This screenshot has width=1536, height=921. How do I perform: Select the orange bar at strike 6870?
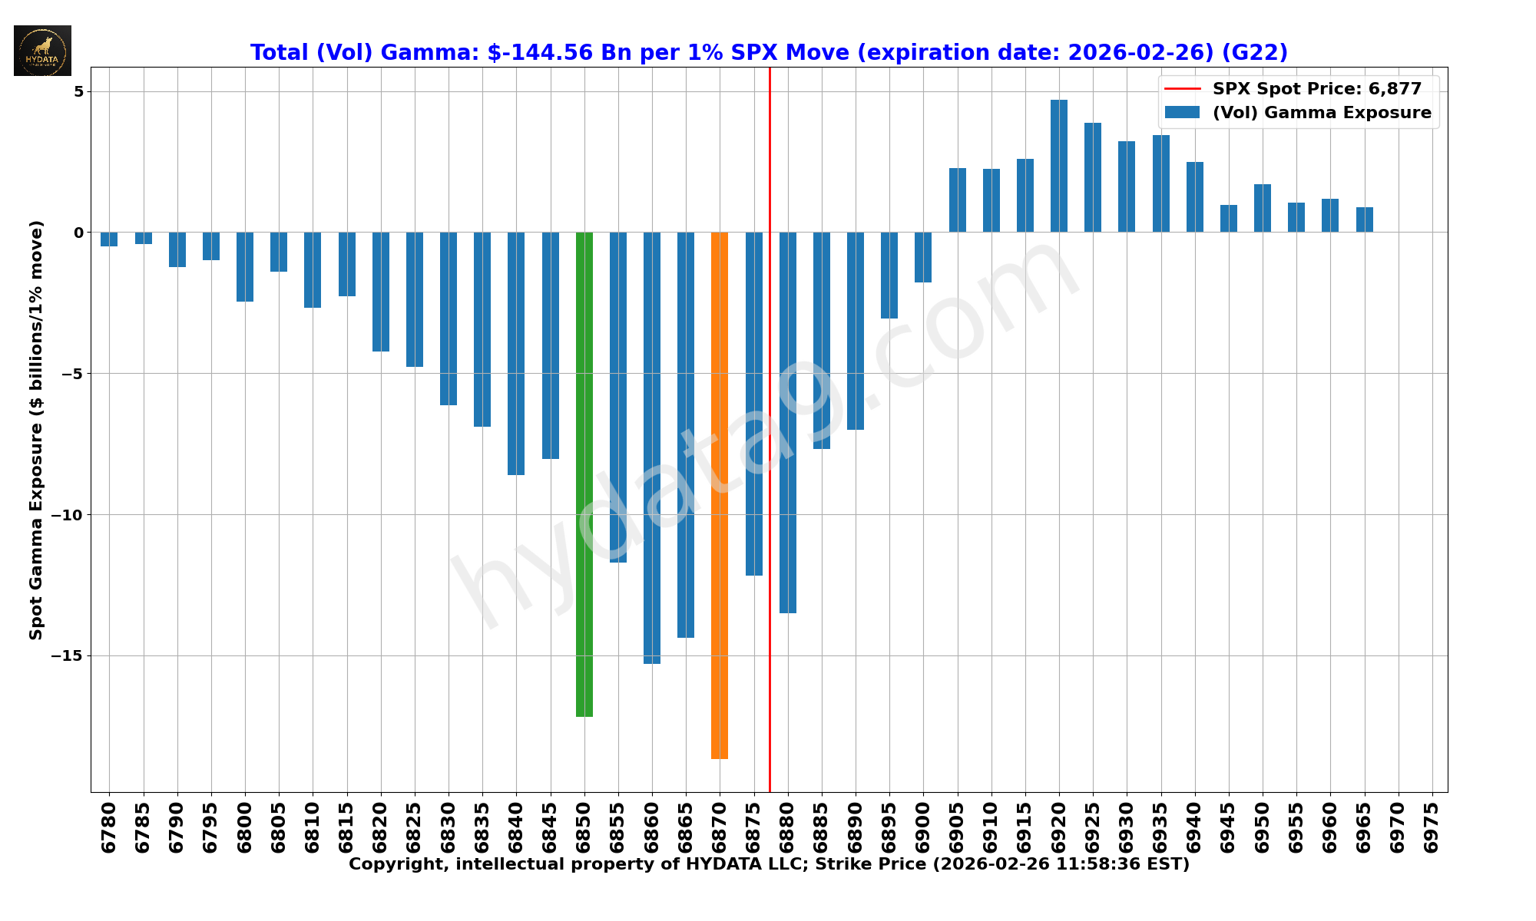(720, 495)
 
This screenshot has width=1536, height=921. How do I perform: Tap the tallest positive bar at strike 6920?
(1059, 166)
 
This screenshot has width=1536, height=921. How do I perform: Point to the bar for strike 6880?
(788, 422)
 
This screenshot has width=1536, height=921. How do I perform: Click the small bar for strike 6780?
(109, 239)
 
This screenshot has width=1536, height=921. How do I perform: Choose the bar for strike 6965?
(1365, 220)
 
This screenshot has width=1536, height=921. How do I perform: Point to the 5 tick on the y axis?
(78, 91)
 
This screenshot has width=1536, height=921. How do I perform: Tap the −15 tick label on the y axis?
(67, 655)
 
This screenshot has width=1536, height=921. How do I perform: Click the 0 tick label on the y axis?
(78, 233)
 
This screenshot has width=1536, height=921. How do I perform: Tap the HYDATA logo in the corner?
(42, 51)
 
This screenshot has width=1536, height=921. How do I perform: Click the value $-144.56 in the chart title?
(540, 53)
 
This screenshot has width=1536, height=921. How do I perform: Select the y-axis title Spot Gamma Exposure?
(36, 430)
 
